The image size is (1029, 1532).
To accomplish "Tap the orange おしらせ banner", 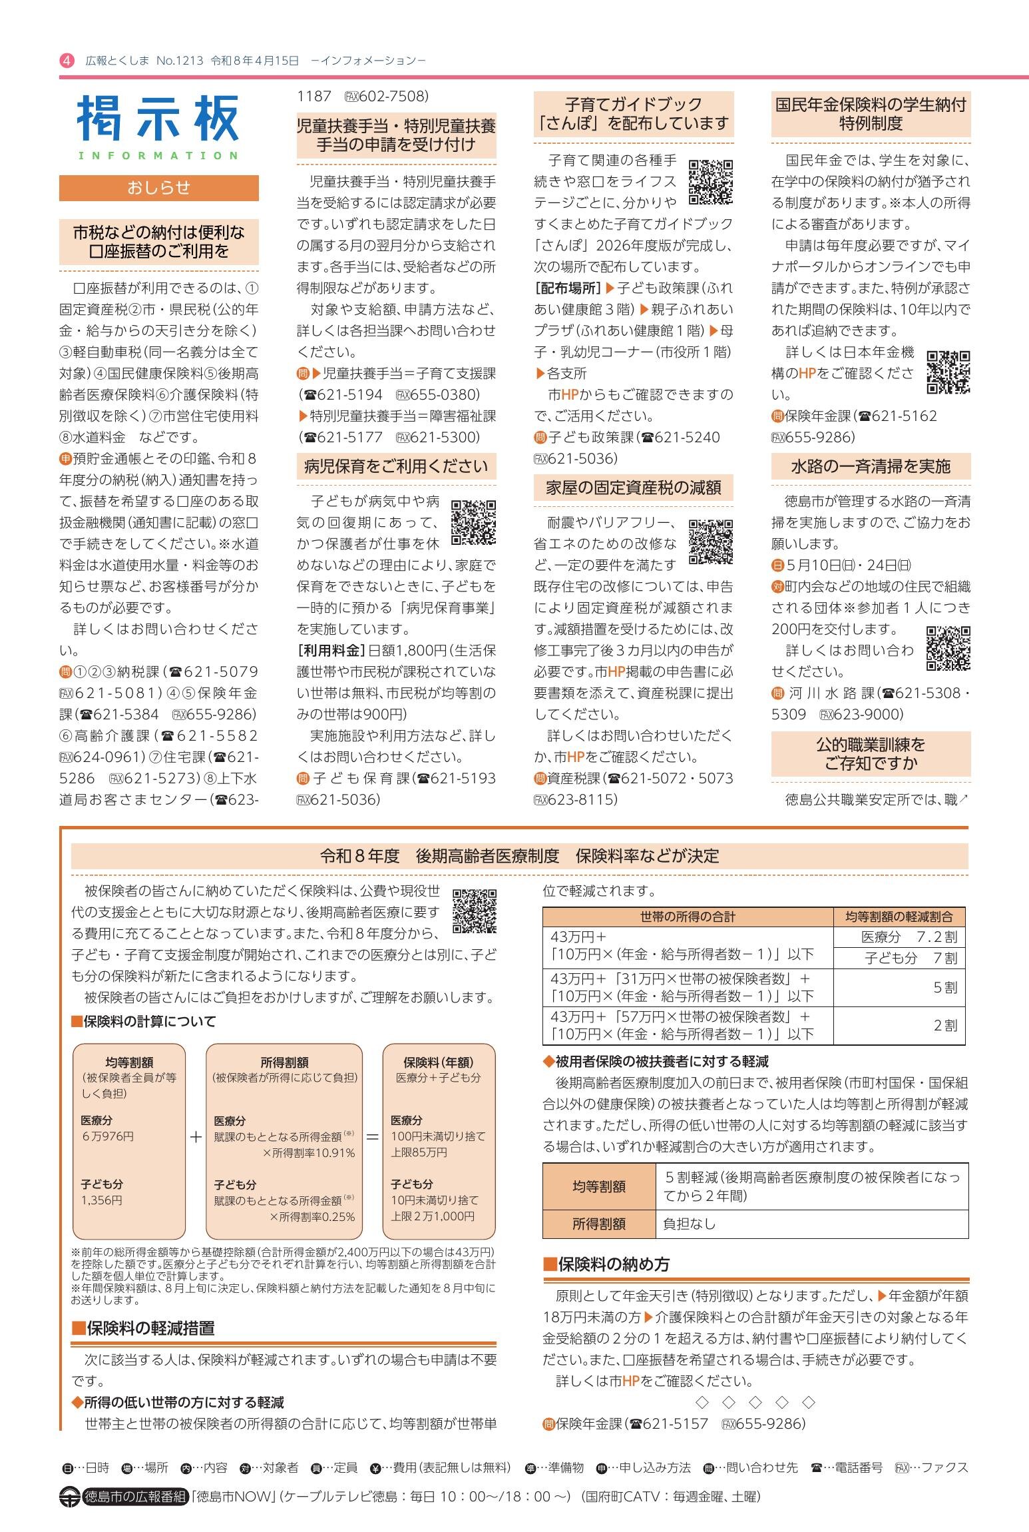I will pyautogui.click(x=158, y=188).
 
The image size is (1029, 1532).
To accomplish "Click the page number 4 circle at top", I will pyautogui.click(x=67, y=61).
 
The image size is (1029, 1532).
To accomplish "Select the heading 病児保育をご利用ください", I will pyautogui.click(x=396, y=466).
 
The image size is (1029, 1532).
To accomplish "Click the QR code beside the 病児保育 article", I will pyautogui.click(x=473, y=522).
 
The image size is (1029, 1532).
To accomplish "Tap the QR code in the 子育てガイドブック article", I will pyautogui.click(x=710, y=181).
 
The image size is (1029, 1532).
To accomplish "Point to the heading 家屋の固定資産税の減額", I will pyautogui.click(x=633, y=488).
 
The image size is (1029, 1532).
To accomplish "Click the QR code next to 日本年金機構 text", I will pyautogui.click(x=948, y=372).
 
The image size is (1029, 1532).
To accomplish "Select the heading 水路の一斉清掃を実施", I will pyautogui.click(x=871, y=466).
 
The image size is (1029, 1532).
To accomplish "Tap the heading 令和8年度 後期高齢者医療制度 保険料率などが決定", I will pyautogui.click(x=519, y=856).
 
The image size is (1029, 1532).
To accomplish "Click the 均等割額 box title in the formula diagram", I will pyautogui.click(x=129, y=1062).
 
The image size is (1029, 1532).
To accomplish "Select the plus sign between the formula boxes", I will pyautogui.click(x=196, y=1137).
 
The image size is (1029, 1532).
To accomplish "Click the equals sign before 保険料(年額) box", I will pyautogui.click(x=373, y=1137).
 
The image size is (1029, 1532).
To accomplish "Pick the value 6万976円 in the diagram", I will pyautogui.click(x=108, y=1136).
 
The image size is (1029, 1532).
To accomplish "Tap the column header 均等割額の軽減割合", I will pyautogui.click(x=899, y=917).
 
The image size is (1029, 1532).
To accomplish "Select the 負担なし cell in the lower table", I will pyautogui.click(x=690, y=1224).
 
